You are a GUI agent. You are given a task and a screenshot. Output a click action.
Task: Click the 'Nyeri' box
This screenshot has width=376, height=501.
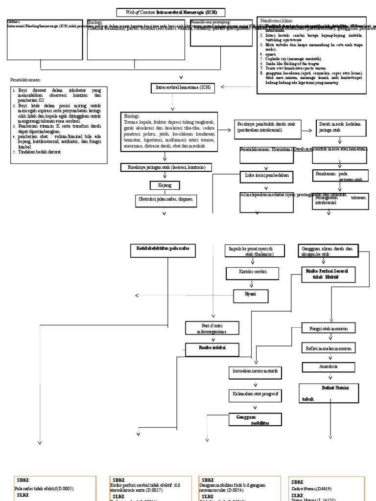tap(251, 294)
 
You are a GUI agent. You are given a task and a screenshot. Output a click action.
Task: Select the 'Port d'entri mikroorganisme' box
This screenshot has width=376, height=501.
tap(211, 328)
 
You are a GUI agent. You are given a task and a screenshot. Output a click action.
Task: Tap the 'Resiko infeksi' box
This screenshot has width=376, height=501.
tap(211, 349)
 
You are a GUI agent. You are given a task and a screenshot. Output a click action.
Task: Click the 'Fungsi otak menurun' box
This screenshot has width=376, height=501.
tap(329, 328)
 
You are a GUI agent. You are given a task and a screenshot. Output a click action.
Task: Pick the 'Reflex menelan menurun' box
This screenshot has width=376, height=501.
tap(328, 348)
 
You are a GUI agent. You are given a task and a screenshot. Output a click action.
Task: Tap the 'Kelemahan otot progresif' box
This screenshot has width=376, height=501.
tap(255, 394)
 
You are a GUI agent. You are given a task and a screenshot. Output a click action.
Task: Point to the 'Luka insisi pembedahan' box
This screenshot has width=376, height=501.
tap(267, 175)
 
